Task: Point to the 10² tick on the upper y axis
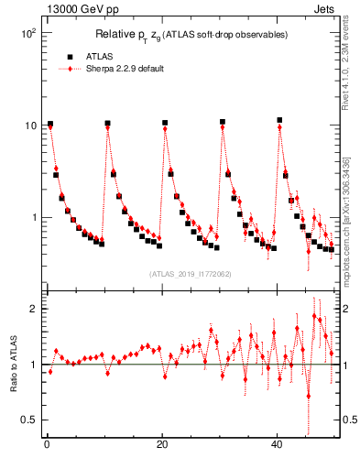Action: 28,33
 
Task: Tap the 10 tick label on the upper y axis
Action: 30,125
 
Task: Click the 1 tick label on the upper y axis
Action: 34,218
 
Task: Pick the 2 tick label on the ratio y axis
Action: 34,309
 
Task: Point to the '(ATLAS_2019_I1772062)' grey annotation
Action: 191,274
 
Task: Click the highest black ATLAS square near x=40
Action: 280,120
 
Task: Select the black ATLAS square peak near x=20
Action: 165,123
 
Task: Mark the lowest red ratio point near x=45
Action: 309,396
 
